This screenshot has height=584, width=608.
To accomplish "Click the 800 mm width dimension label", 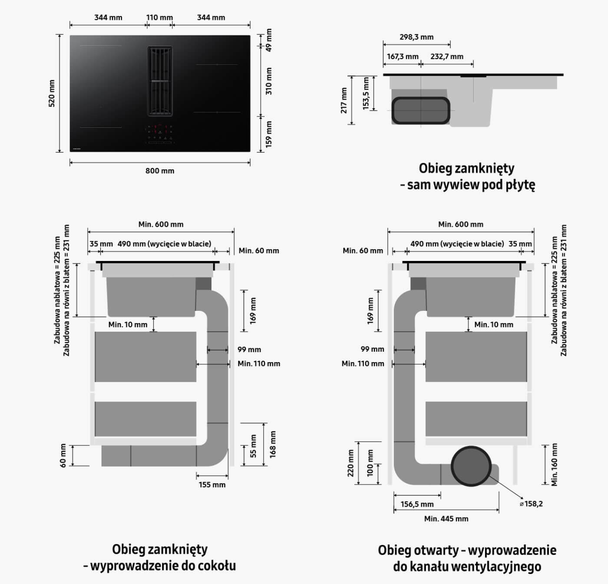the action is [x=160, y=171].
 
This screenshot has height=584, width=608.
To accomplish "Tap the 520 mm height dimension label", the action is [x=52, y=93].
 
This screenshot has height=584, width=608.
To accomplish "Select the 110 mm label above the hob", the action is [x=159, y=17].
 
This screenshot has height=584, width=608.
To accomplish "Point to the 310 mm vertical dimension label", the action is [x=269, y=81].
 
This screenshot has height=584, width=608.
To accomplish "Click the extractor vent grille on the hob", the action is [x=160, y=81].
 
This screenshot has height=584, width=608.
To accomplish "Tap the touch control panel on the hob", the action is [x=160, y=135].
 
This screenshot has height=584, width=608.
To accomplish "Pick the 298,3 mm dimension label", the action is [x=416, y=37].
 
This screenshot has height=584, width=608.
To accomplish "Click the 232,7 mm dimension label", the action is [x=447, y=56].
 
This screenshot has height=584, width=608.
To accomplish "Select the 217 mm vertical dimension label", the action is [x=344, y=101].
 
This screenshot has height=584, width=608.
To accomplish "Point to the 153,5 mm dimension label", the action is [x=366, y=93].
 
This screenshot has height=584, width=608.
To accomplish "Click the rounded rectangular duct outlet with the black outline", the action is [x=421, y=111].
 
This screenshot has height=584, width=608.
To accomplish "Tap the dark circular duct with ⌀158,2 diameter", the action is [x=471, y=466].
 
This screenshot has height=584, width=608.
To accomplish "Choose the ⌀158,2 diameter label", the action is [x=531, y=504].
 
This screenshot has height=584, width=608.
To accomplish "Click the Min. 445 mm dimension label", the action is [x=446, y=519].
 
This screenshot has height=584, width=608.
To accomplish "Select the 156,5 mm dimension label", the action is [x=417, y=505].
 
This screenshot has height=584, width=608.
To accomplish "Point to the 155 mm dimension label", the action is [x=212, y=485].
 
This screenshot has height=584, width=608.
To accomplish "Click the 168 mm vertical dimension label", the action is [x=273, y=445].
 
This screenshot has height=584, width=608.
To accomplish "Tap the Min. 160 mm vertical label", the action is [x=555, y=465].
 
